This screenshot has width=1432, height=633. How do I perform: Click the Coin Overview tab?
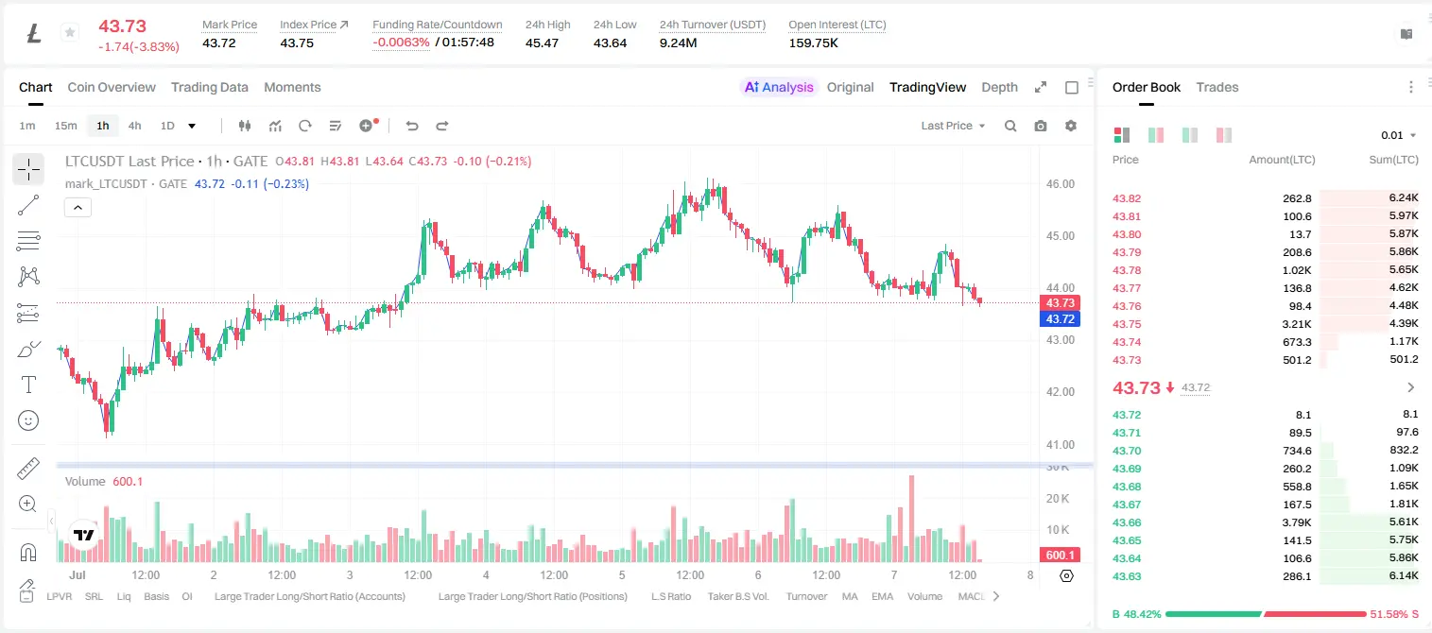(x=112, y=87)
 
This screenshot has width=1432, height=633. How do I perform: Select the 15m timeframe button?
(x=66, y=126)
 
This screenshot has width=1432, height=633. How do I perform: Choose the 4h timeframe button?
(x=134, y=126)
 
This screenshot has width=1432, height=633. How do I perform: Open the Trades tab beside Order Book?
(x=1217, y=87)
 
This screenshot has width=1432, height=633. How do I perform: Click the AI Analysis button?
(x=779, y=87)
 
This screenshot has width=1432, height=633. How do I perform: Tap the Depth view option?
(x=999, y=87)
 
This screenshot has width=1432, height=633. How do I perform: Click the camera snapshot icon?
(x=1041, y=126)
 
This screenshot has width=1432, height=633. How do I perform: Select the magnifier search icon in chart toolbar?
(x=1010, y=126)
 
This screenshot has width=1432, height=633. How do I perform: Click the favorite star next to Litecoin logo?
(x=70, y=32)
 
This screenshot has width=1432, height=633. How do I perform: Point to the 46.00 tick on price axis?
(x=1060, y=184)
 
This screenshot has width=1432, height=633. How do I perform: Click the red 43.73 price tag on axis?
(x=1060, y=302)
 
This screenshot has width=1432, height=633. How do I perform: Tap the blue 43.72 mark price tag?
(x=1060, y=318)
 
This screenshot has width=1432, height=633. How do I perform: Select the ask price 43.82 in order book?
(x=1127, y=198)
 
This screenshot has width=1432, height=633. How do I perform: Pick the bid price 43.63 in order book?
(x=1127, y=576)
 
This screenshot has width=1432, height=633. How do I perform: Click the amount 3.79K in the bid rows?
(x=1297, y=522)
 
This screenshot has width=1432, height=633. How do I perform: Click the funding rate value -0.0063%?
(x=401, y=43)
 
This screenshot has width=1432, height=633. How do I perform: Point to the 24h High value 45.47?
(x=542, y=43)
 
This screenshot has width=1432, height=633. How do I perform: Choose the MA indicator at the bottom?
(x=850, y=596)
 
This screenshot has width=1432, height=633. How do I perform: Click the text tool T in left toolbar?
(x=28, y=385)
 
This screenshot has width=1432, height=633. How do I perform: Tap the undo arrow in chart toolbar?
(x=412, y=126)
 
